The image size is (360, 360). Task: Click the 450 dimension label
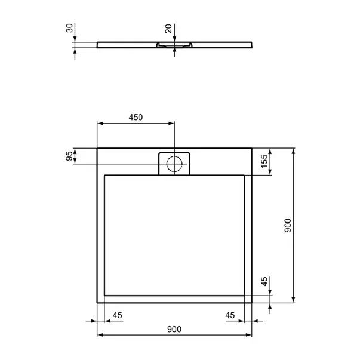[x=136, y=118]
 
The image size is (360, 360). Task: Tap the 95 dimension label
[x=69, y=156]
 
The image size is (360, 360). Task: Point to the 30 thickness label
[x=69, y=29]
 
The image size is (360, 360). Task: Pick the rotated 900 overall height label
[x=287, y=225]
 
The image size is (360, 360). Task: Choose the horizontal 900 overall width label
[x=174, y=329]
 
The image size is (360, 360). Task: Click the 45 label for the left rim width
[x=117, y=315]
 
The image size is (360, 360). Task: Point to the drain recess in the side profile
[x=174, y=45]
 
